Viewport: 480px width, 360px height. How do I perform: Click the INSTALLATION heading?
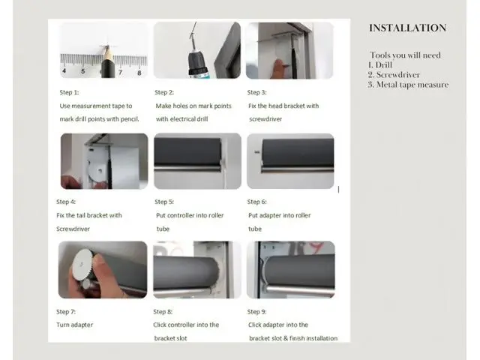click(407, 28)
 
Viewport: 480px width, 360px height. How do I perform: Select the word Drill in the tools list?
click(383, 65)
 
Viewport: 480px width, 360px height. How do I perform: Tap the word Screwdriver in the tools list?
click(398, 75)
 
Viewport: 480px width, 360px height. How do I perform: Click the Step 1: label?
click(69, 92)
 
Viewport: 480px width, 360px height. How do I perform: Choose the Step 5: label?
click(164, 202)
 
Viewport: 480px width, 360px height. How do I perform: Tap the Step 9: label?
click(256, 312)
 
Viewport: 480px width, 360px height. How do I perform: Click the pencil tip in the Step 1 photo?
click(106, 46)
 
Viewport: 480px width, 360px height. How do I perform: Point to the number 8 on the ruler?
click(139, 73)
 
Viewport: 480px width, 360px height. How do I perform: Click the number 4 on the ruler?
click(64, 71)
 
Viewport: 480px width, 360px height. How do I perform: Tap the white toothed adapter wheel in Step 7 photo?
click(82, 264)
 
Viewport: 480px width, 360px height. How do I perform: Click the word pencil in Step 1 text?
click(130, 119)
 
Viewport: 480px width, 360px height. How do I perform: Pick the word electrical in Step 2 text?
click(183, 119)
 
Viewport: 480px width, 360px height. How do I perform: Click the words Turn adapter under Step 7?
click(75, 325)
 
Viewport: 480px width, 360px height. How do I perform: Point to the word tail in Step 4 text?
click(80, 215)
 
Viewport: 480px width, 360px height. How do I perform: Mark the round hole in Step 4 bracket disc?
click(100, 171)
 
